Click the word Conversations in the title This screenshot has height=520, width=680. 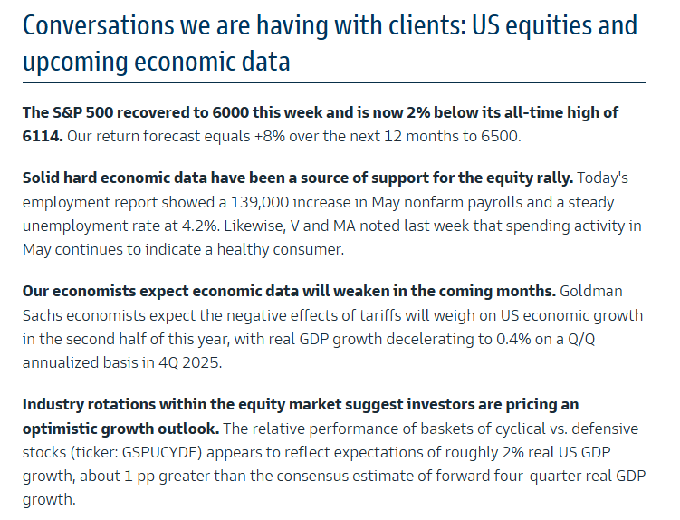click(99, 25)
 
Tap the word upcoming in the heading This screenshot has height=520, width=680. click(74, 62)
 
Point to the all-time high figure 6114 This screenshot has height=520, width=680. click(42, 136)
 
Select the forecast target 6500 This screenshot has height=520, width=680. click(500, 136)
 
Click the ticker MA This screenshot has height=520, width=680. click(344, 226)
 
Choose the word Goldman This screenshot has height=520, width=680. click(590, 291)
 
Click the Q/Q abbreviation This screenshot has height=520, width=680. click(581, 339)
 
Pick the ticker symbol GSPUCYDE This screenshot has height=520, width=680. click(162, 452)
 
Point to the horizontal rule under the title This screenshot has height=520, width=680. click(334, 82)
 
